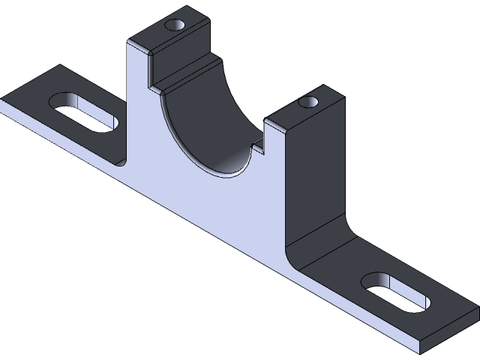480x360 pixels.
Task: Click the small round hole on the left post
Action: coord(177,25)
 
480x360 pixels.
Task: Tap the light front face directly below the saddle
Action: coord(217,210)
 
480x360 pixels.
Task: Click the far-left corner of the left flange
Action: coord(3,98)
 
